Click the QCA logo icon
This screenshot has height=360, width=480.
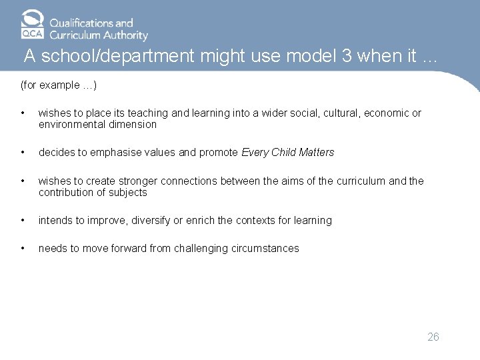point(33,25)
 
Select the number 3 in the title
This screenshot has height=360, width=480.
point(347,57)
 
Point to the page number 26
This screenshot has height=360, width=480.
point(433,337)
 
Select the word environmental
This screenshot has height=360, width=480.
point(73,125)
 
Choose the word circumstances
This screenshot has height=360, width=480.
point(269,249)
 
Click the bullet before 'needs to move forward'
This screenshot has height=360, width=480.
point(23,249)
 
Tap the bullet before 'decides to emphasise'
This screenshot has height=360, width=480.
point(23,153)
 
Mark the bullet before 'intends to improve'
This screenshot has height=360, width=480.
point(23,221)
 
